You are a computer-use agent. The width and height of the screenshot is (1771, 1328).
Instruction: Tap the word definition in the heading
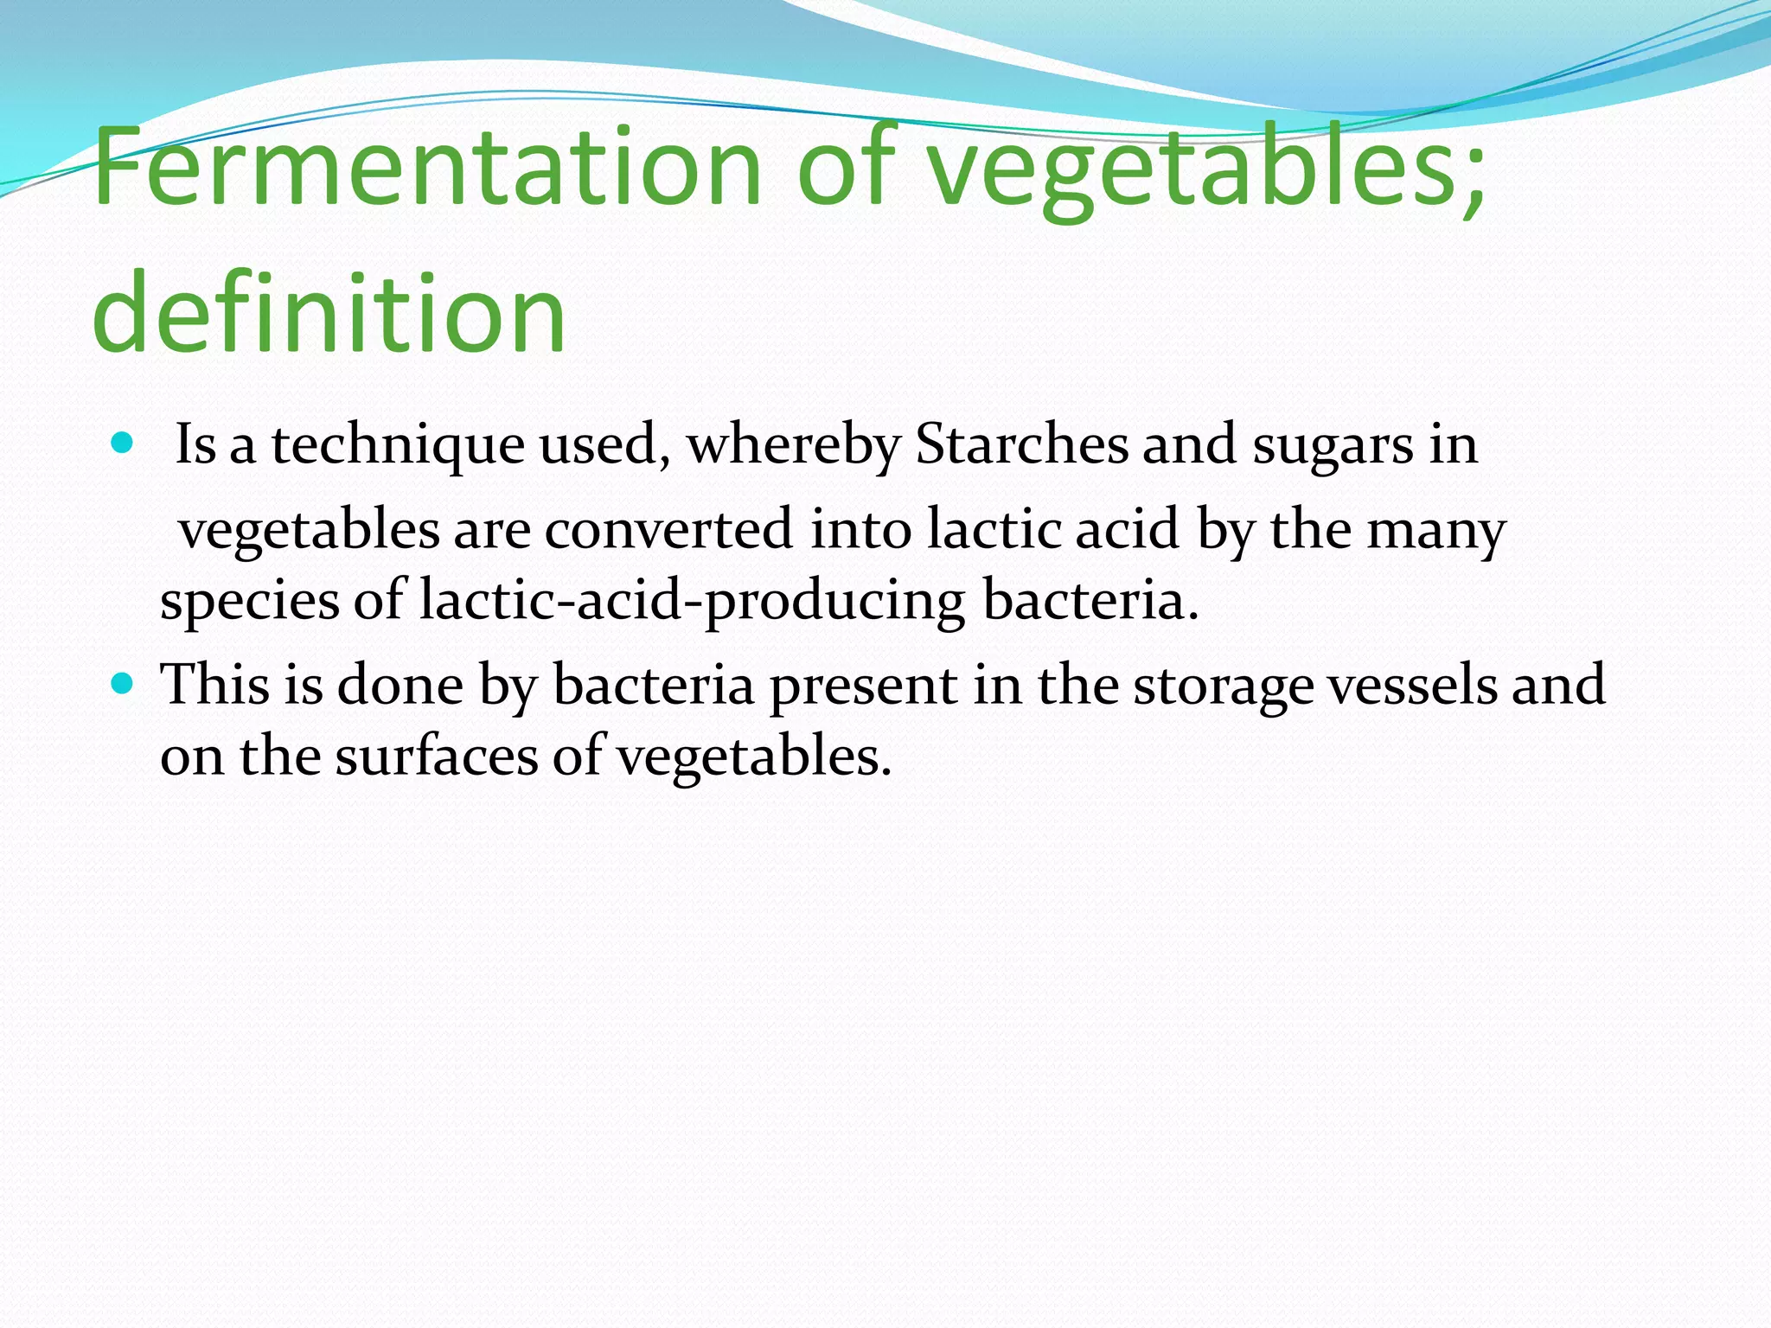pyautogui.click(x=329, y=311)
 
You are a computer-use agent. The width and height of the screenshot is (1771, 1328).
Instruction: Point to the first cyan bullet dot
pyautogui.click(x=123, y=444)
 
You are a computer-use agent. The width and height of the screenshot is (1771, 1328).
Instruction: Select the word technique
pyautogui.click(x=398, y=446)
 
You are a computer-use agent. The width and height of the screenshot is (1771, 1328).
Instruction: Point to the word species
pyautogui.click(x=250, y=602)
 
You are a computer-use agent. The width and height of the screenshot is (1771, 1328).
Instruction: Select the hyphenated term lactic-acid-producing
pyautogui.click(x=692, y=602)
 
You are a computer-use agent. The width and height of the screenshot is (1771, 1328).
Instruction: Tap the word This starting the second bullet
pyautogui.click(x=215, y=685)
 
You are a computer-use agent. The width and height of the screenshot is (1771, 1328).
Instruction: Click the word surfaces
pyautogui.click(x=437, y=756)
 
